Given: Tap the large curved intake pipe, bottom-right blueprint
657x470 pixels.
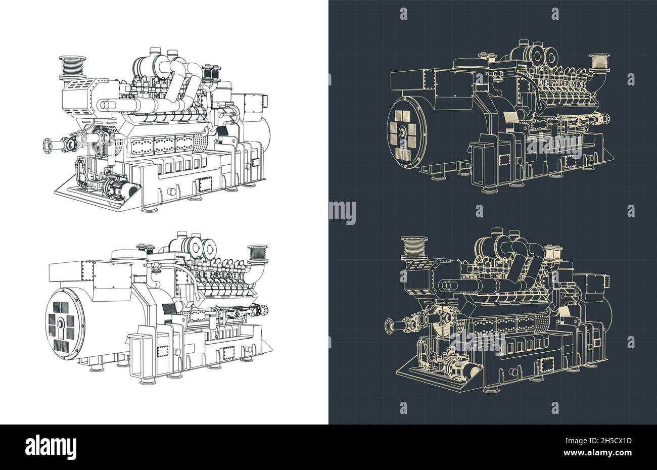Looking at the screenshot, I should (x=526, y=268).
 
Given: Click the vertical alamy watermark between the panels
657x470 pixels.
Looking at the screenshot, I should (x=342, y=212).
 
